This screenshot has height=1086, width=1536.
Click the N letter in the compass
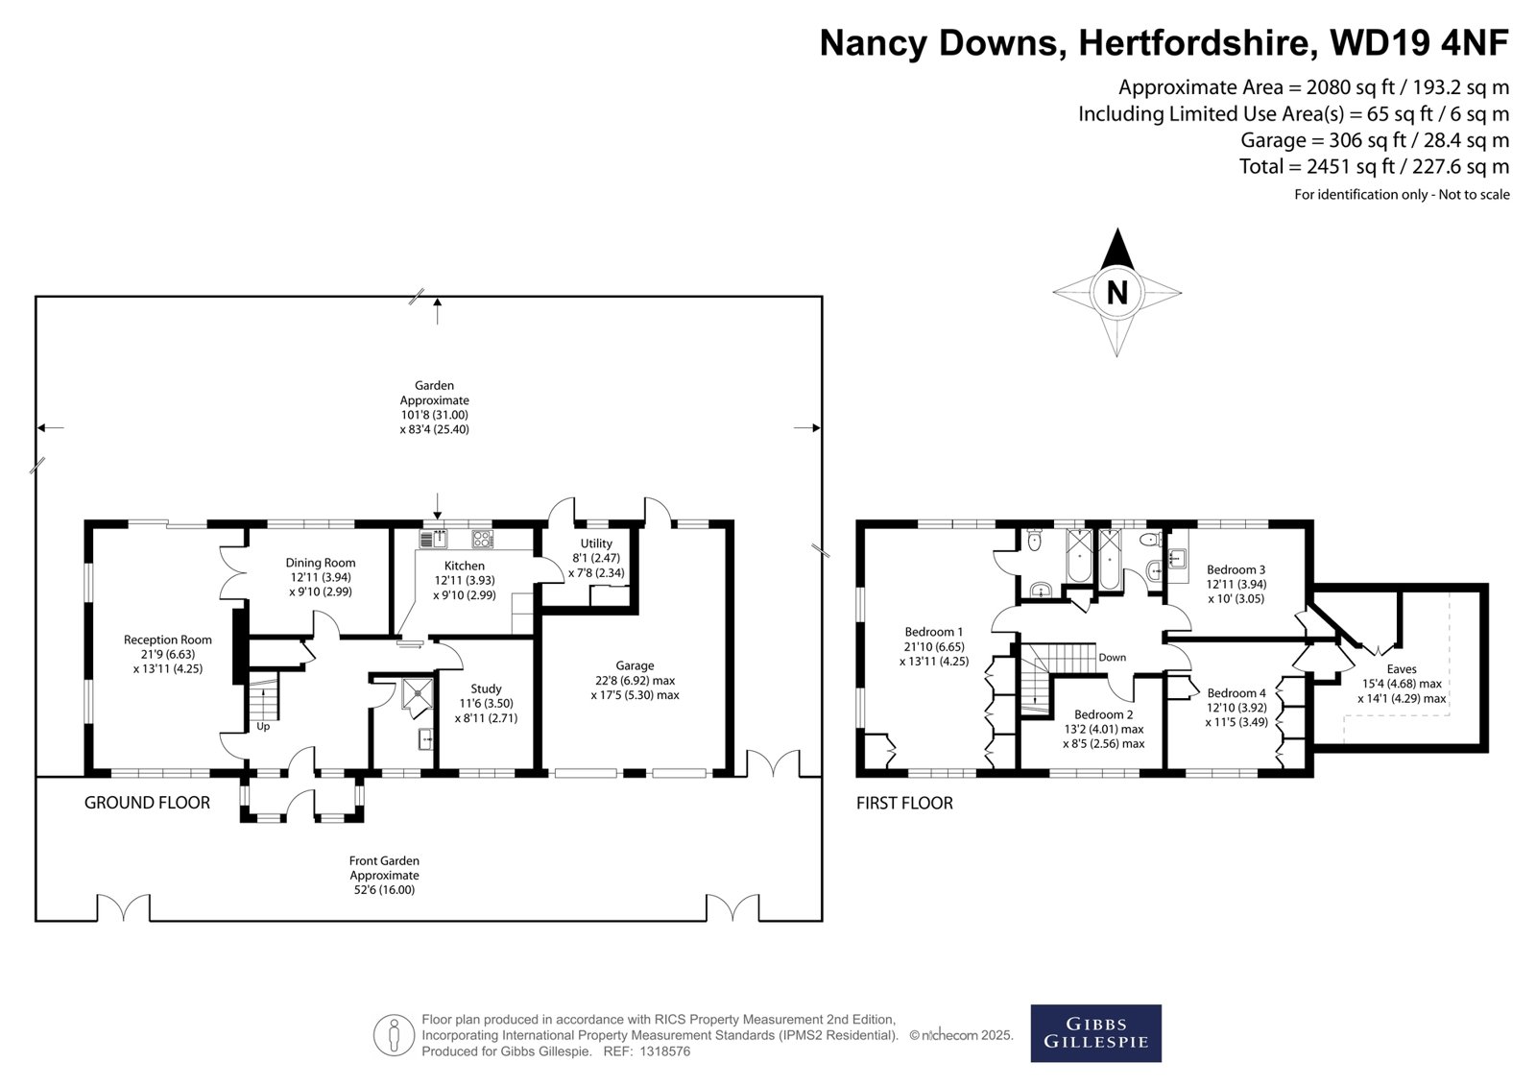(1117, 293)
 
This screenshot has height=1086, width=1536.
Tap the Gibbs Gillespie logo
(1095, 1033)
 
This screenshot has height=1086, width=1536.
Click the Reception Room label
(168, 640)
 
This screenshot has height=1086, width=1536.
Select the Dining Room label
(321, 563)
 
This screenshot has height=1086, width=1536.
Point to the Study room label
(486, 688)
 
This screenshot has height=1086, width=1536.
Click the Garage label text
(635, 665)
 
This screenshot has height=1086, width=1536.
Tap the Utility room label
(596, 543)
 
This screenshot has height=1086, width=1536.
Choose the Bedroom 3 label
(1236, 569)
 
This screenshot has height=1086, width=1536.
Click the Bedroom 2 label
(1104, 714)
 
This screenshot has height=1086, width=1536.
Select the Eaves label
(1402, 669)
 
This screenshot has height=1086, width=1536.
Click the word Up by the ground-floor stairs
(263, 727)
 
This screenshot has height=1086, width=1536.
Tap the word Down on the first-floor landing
(1113, 657)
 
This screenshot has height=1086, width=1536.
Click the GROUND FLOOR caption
(148, 803)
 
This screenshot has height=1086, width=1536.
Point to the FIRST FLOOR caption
(904, 804)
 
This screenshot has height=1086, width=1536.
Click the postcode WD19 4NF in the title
(1420, 42)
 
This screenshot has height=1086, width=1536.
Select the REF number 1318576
(665, 1051)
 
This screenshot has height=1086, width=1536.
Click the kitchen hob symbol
(483, 540)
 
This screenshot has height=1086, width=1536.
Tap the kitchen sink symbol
(433, 540)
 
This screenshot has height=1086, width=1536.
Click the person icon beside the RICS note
(394, 1034)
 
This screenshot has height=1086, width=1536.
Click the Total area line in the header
(1374, 166)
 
